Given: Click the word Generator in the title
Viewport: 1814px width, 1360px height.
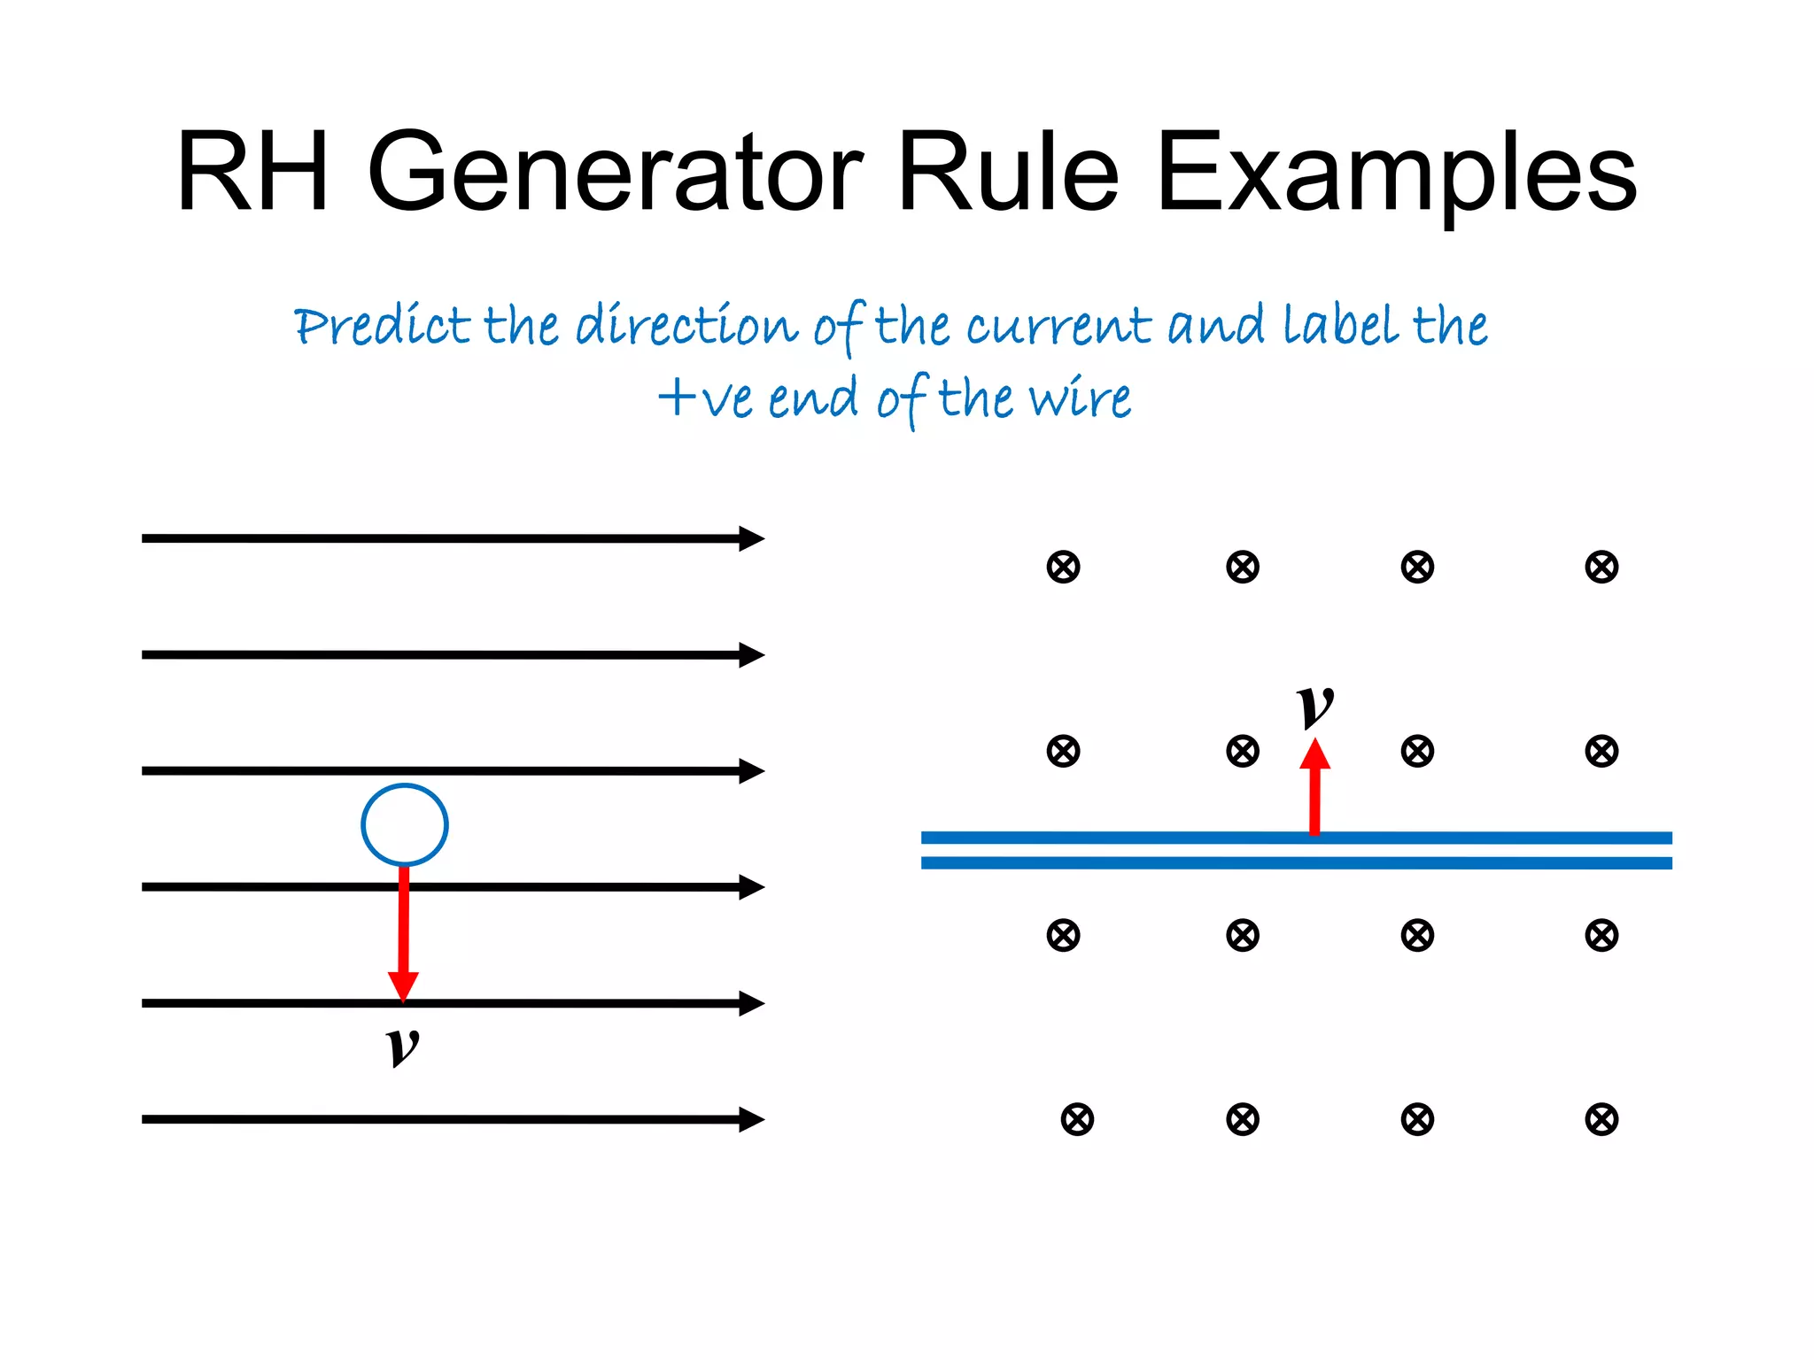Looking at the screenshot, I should pos(615,173).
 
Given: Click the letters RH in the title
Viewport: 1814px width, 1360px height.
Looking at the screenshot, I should pos(253,173).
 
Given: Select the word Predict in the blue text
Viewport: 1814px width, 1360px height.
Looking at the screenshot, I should pos(381,326).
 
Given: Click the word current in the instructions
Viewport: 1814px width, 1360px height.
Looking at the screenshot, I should pos(1058,326).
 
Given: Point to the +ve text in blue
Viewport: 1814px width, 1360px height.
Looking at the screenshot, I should pos(708,398).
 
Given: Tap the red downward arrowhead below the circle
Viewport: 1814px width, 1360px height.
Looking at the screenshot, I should pos(404,985).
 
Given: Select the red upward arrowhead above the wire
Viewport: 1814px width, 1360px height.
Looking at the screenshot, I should pos(1315,754).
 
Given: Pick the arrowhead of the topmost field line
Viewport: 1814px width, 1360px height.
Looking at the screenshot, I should pos(751,538).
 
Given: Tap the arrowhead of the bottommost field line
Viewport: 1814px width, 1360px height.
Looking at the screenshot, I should pos(751,1119).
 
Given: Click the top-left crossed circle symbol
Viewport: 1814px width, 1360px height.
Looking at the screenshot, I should pos(1063,567).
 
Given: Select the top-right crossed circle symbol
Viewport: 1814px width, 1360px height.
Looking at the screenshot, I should pos(1601,567).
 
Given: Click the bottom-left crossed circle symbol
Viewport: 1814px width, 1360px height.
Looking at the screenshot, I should pos(1077,1119).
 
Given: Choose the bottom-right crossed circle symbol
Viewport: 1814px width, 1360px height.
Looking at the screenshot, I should pos(1601,1119).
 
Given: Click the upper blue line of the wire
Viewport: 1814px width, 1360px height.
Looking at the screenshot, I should pos(1151,838).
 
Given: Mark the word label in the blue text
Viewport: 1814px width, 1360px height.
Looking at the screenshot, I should pos(1342,326).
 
